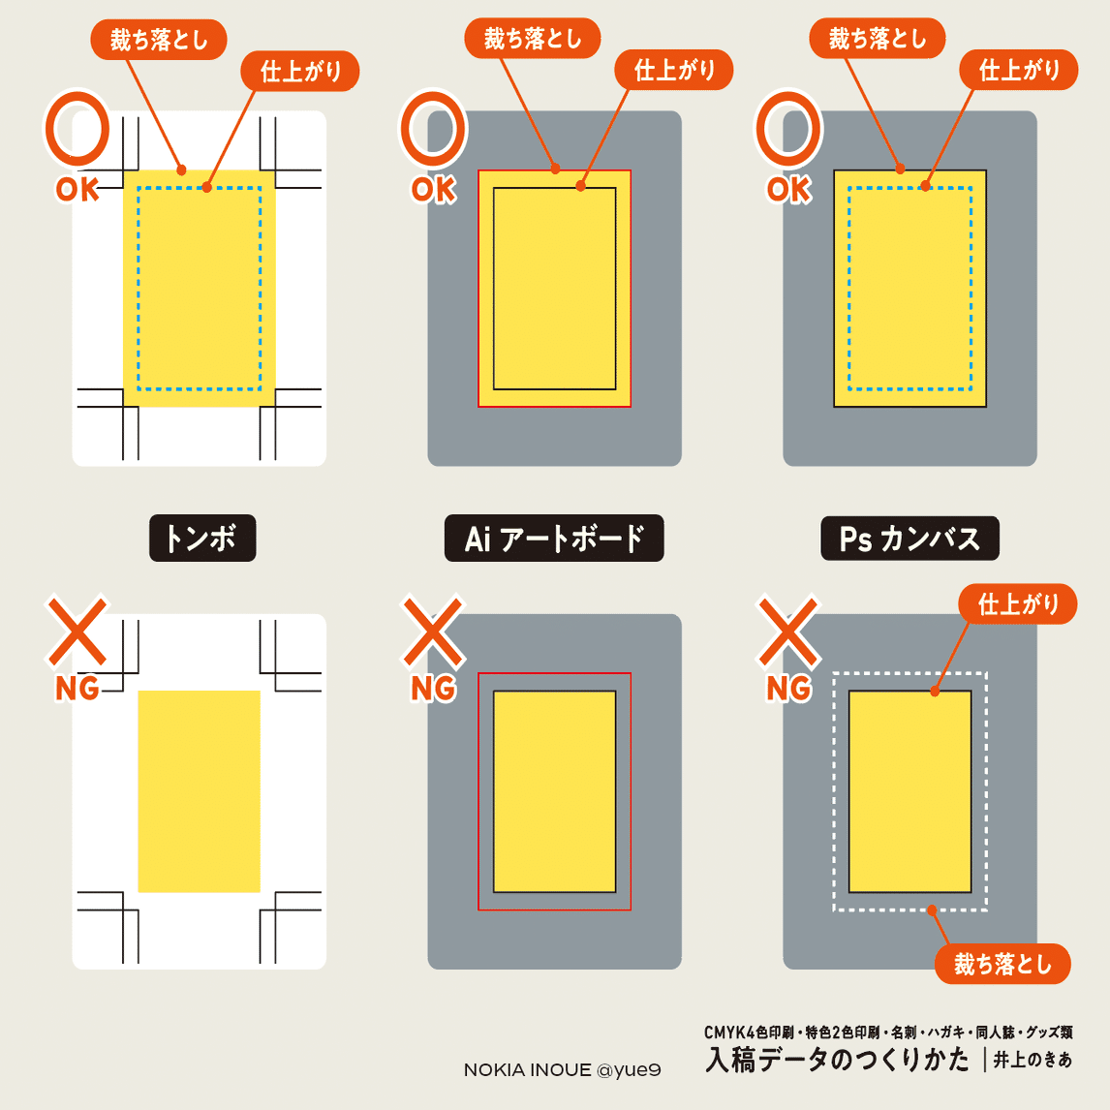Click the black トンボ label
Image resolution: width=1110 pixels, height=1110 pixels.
pyautogui.click(x=201, y=538)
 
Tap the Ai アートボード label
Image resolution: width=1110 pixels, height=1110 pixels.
pyautogui.click(x=554, y=538)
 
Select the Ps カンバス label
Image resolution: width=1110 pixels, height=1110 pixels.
pyautogui.click(x=910, y=538)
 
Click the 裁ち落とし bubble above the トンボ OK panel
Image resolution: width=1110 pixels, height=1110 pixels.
pyautogui.click(x=159, y=40)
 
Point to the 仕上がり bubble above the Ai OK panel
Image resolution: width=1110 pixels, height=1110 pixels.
pyautogui.click(x=674, y=70)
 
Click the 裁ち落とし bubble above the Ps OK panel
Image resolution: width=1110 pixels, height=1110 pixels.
pyautogui.click(x=878, y=39)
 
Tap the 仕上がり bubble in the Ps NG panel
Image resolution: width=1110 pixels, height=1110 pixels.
pyautogui.click(x=1018, y=604)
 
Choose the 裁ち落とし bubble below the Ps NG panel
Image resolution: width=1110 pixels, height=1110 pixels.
pyautogui.click(x=1002, y=964)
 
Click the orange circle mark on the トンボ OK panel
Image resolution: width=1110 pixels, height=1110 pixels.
pyautogui.click(x=77, y=128)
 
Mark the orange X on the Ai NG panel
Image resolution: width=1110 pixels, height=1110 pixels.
pyautogui.click(x=433, y=632)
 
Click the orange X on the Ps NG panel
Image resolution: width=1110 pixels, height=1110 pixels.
pyautogui.click(x=788, y=632)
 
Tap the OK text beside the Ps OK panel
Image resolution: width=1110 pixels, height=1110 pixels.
pyautogui.click(x=788, y=189)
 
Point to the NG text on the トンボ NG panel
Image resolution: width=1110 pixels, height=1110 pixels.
pyautogui.click(x=77, y=688)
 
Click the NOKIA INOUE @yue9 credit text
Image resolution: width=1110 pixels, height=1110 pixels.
pyautogui.click(x=562, y=1070)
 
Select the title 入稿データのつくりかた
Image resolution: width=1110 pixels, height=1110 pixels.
pyautogui.click(x=838, y=1060)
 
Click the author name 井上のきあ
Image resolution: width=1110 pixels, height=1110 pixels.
pyautogui.click(x=1033, y=1061)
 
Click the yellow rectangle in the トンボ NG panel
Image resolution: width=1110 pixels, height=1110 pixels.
pyautogui.click(x=199, y=790)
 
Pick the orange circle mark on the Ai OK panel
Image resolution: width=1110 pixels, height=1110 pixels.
pyautogui.click(x=432, y=128)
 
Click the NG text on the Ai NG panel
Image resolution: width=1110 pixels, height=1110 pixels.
pyautogui.click(x=433, y=688)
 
